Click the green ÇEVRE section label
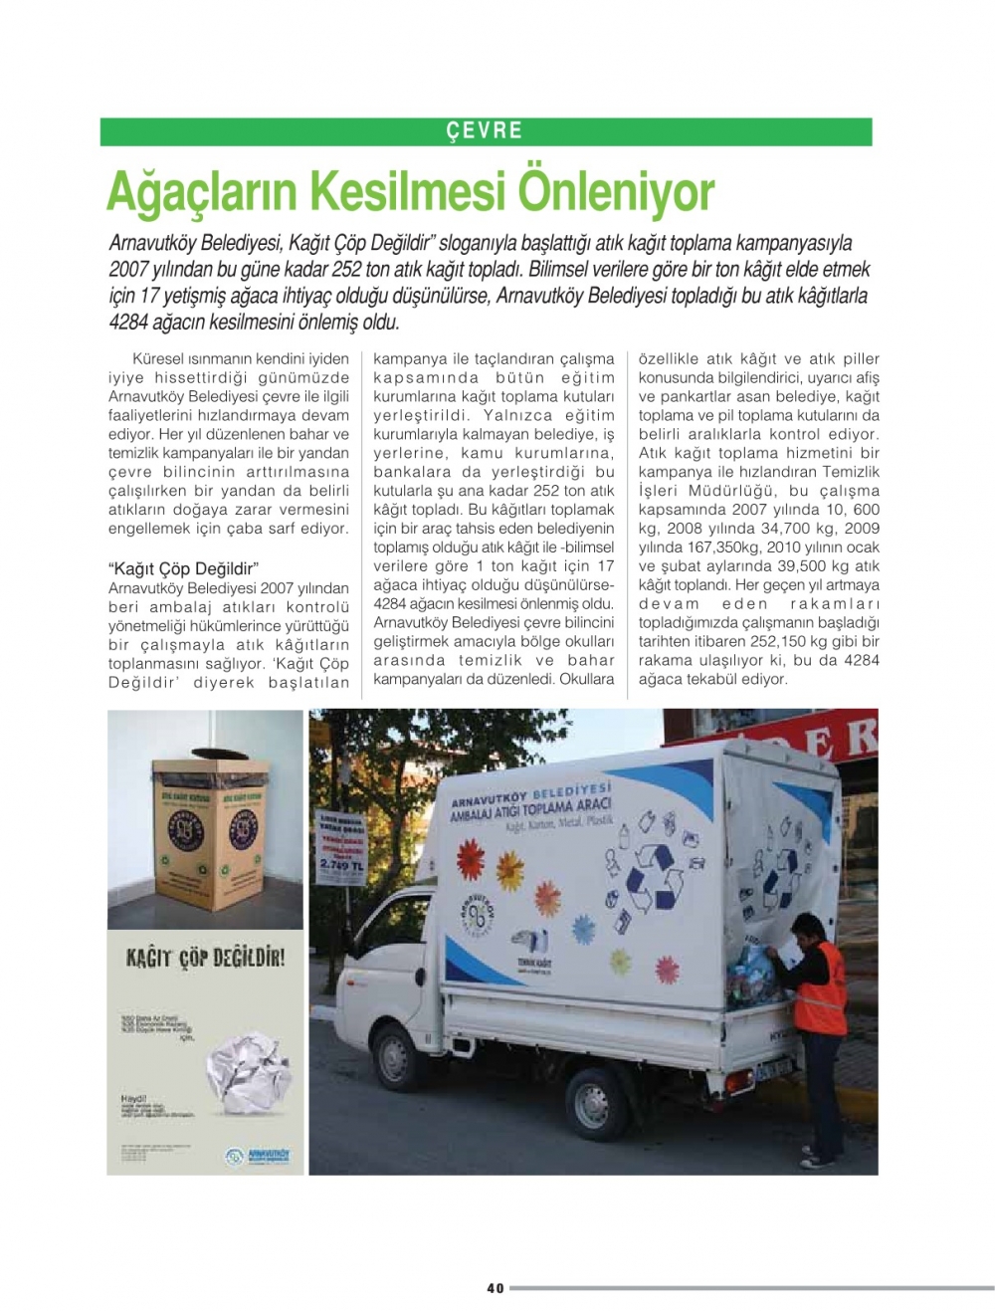click(485, 131)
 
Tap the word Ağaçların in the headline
click(199, 192)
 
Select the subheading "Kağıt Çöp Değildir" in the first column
click(183, 569)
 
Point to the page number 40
click(496, 1288)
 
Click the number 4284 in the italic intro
click(129, 323)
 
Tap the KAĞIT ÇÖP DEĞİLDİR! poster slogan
click(205, 959)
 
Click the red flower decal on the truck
click(547, 898)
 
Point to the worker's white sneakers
click(817, 1160)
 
